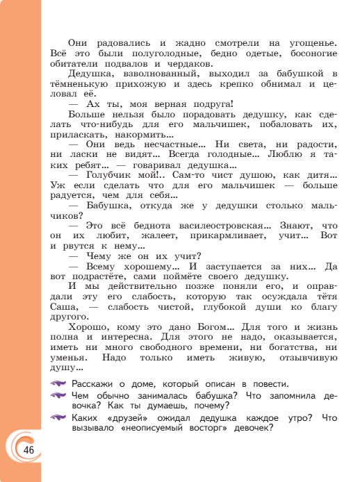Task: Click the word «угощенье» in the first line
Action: [x=306, y=43]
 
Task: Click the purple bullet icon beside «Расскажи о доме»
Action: [x=58, y=384]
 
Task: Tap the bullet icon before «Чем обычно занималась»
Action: [x=58, y=396]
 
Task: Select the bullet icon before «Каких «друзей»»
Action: [x=58, y=417]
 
